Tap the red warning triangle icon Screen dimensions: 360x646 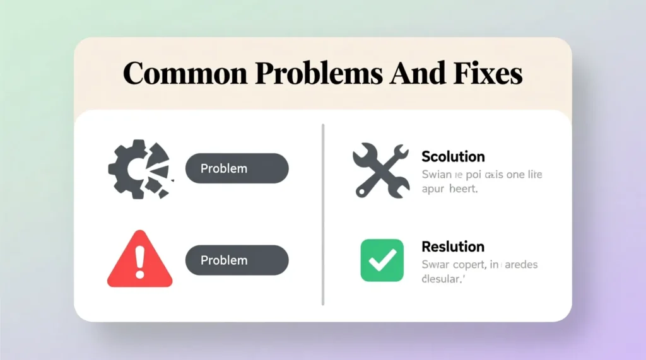[140, 260]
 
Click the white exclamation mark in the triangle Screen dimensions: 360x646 [140, 258]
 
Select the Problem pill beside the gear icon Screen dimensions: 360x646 [237, 169]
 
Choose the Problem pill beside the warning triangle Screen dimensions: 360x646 [237, 260]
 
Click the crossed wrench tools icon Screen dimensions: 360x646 [380, 169]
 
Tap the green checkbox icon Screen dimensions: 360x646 [382, 260]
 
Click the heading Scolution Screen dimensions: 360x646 [453, 156]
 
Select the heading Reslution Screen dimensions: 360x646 [452, 247]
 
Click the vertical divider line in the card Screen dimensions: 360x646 [323, 214]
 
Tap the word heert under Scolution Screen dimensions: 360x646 [464, 189]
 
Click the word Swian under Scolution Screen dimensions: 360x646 [435, 174]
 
